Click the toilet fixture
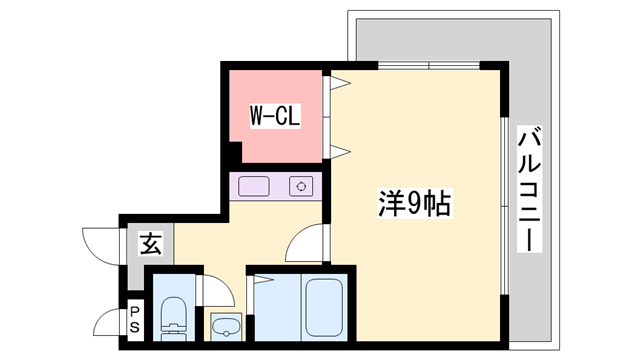174,316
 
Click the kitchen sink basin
254,186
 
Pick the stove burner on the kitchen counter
301,186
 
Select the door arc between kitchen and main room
304,243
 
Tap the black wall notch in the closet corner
234,155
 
